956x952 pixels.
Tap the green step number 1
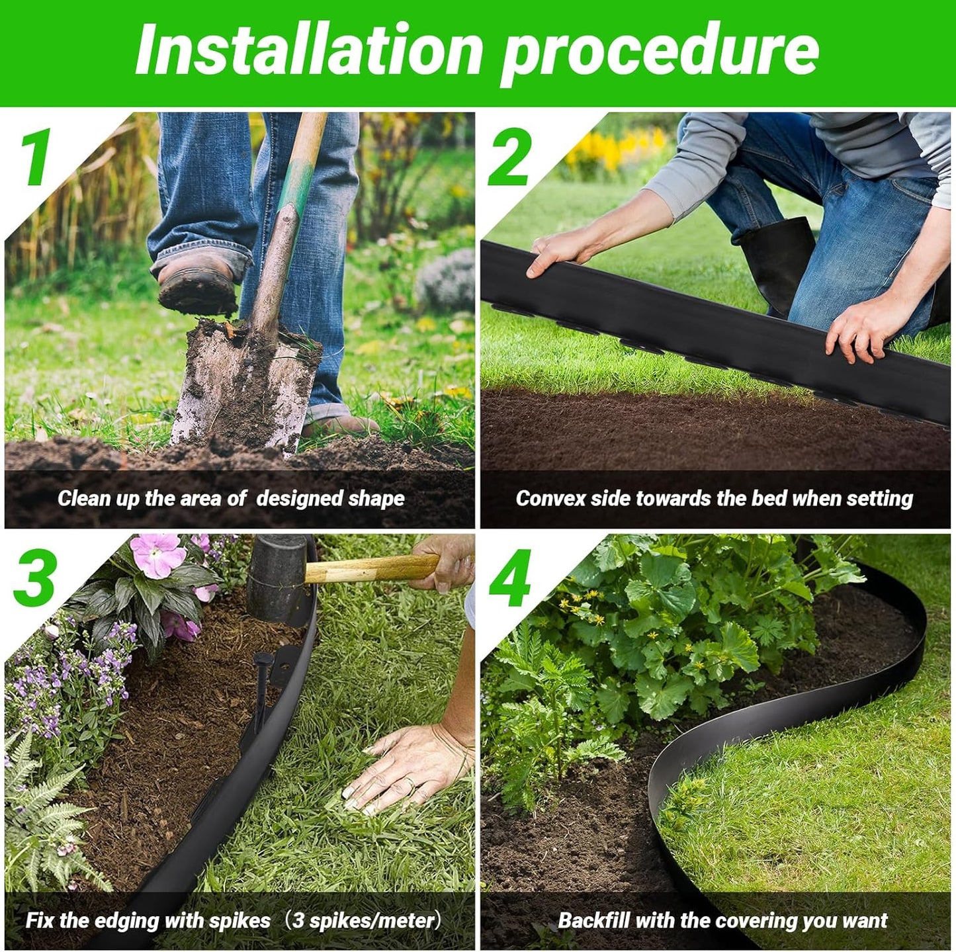click(37, 157)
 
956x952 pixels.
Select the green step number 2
click(509, 157)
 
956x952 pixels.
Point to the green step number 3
click(34, 577)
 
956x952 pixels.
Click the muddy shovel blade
click(245, 390)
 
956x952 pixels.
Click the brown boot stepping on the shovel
click(196, 284)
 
